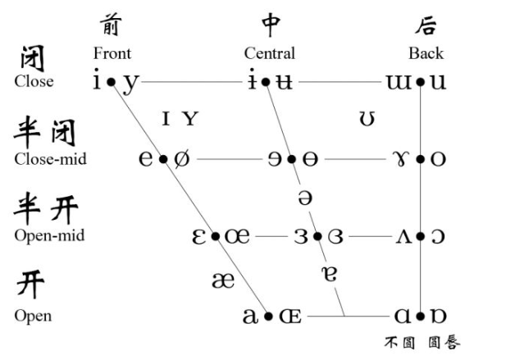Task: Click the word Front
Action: [x=112, y=54]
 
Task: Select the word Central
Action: [x=269, y=54]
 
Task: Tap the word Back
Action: [x=426, y=54]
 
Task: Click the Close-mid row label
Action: [x=50, y=159]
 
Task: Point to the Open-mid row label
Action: [x=49, y=236]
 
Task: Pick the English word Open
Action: [x=33, y=316]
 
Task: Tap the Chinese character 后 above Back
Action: [x=425, y=26]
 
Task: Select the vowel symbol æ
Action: [x=222, y=280]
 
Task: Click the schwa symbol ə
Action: [x=304, y=198]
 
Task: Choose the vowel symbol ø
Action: [x=181, y=158]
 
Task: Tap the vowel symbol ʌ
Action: [x=404, y=236]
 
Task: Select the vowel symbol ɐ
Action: [x=330, y=272]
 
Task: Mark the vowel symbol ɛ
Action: [x=198, y=236]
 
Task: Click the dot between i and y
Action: [x=111, y=82]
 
